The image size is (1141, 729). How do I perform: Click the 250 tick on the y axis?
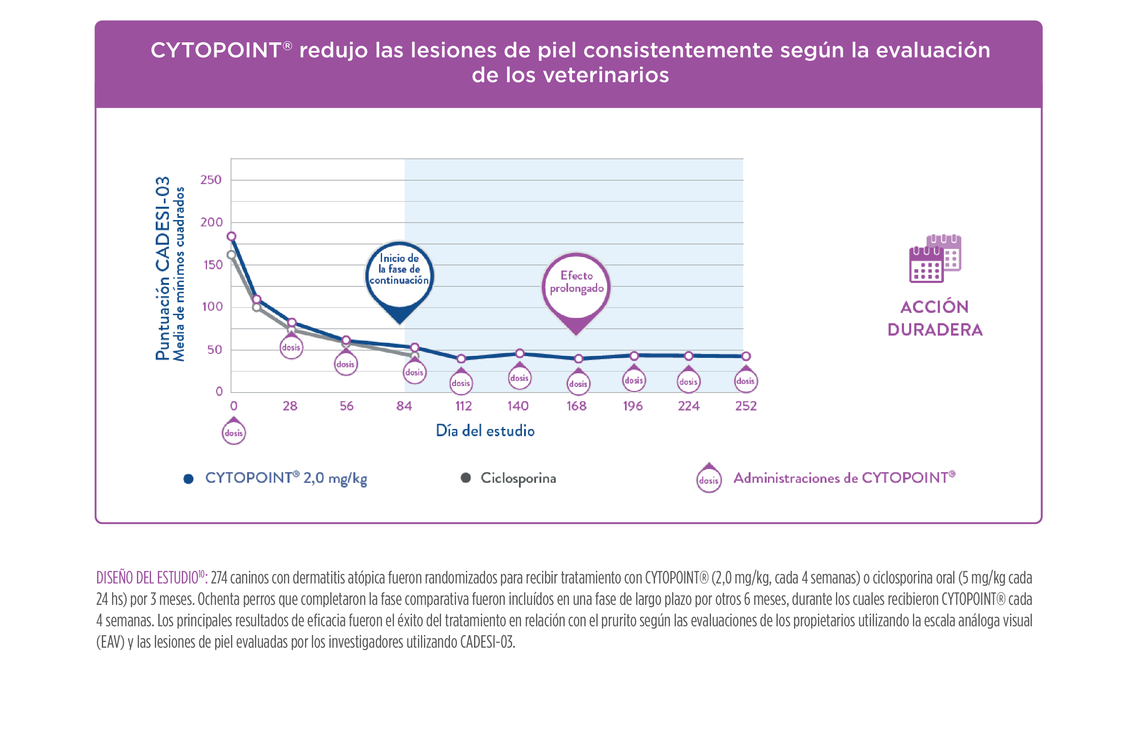click(x=211, y=180)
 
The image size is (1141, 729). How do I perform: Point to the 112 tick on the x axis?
click(x=463, y=406)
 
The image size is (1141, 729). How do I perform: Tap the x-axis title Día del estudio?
click(x=485, y=431)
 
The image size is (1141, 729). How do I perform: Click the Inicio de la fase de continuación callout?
click(x=400, y=275)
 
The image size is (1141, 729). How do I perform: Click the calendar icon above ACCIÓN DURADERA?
click(x=934, y=259)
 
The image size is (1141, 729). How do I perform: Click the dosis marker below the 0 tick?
click(x=234, y=432)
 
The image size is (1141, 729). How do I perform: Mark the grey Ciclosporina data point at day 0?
click(x=231, y=255)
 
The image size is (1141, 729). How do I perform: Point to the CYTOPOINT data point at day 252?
click(x=746, y=357)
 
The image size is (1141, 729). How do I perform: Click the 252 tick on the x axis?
click(x=746, y=406)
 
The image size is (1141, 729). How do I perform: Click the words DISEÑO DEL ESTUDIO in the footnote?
click(x=147, y=578)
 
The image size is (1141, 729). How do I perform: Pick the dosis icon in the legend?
click(x=709, y=479)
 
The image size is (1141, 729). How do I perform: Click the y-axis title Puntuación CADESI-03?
click(x=163, y=268)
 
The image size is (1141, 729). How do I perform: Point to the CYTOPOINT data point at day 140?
click(x=520, y=354)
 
